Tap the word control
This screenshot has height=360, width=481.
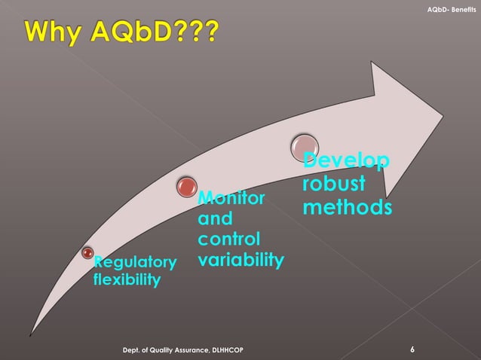[x=229, y=240]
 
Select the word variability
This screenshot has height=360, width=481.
[x=240, y=261]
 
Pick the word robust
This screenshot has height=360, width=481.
[x=333, y=184]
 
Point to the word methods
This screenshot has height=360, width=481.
[x=347, y=206]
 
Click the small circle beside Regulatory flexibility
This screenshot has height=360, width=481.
[x=87, y=252]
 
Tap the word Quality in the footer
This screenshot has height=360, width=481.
[x=160, y=351]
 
